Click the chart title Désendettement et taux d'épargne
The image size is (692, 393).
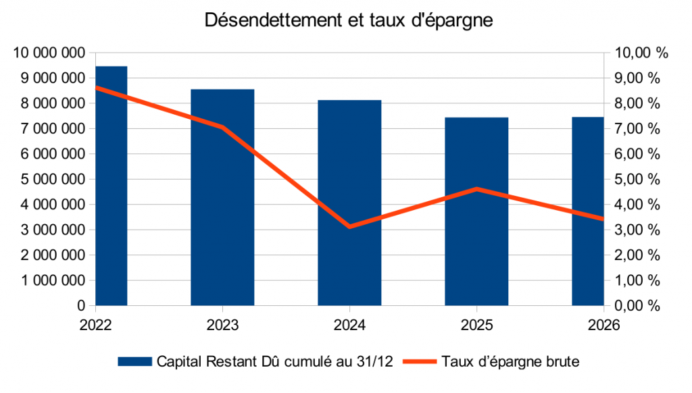[349, 21]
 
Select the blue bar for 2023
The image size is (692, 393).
[222, 197]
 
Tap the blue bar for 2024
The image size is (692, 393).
[349, 203]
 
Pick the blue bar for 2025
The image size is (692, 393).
[476, 211]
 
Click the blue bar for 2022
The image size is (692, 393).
[112, 186]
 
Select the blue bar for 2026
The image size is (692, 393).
[587, 211]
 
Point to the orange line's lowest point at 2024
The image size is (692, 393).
[349, 226]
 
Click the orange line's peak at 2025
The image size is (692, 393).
[476, 189]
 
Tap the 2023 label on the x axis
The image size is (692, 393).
[222, 325]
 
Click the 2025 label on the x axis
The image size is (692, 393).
[476, 325]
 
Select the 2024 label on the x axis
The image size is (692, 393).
[349, 325]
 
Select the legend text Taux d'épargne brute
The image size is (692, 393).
[511, 362]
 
